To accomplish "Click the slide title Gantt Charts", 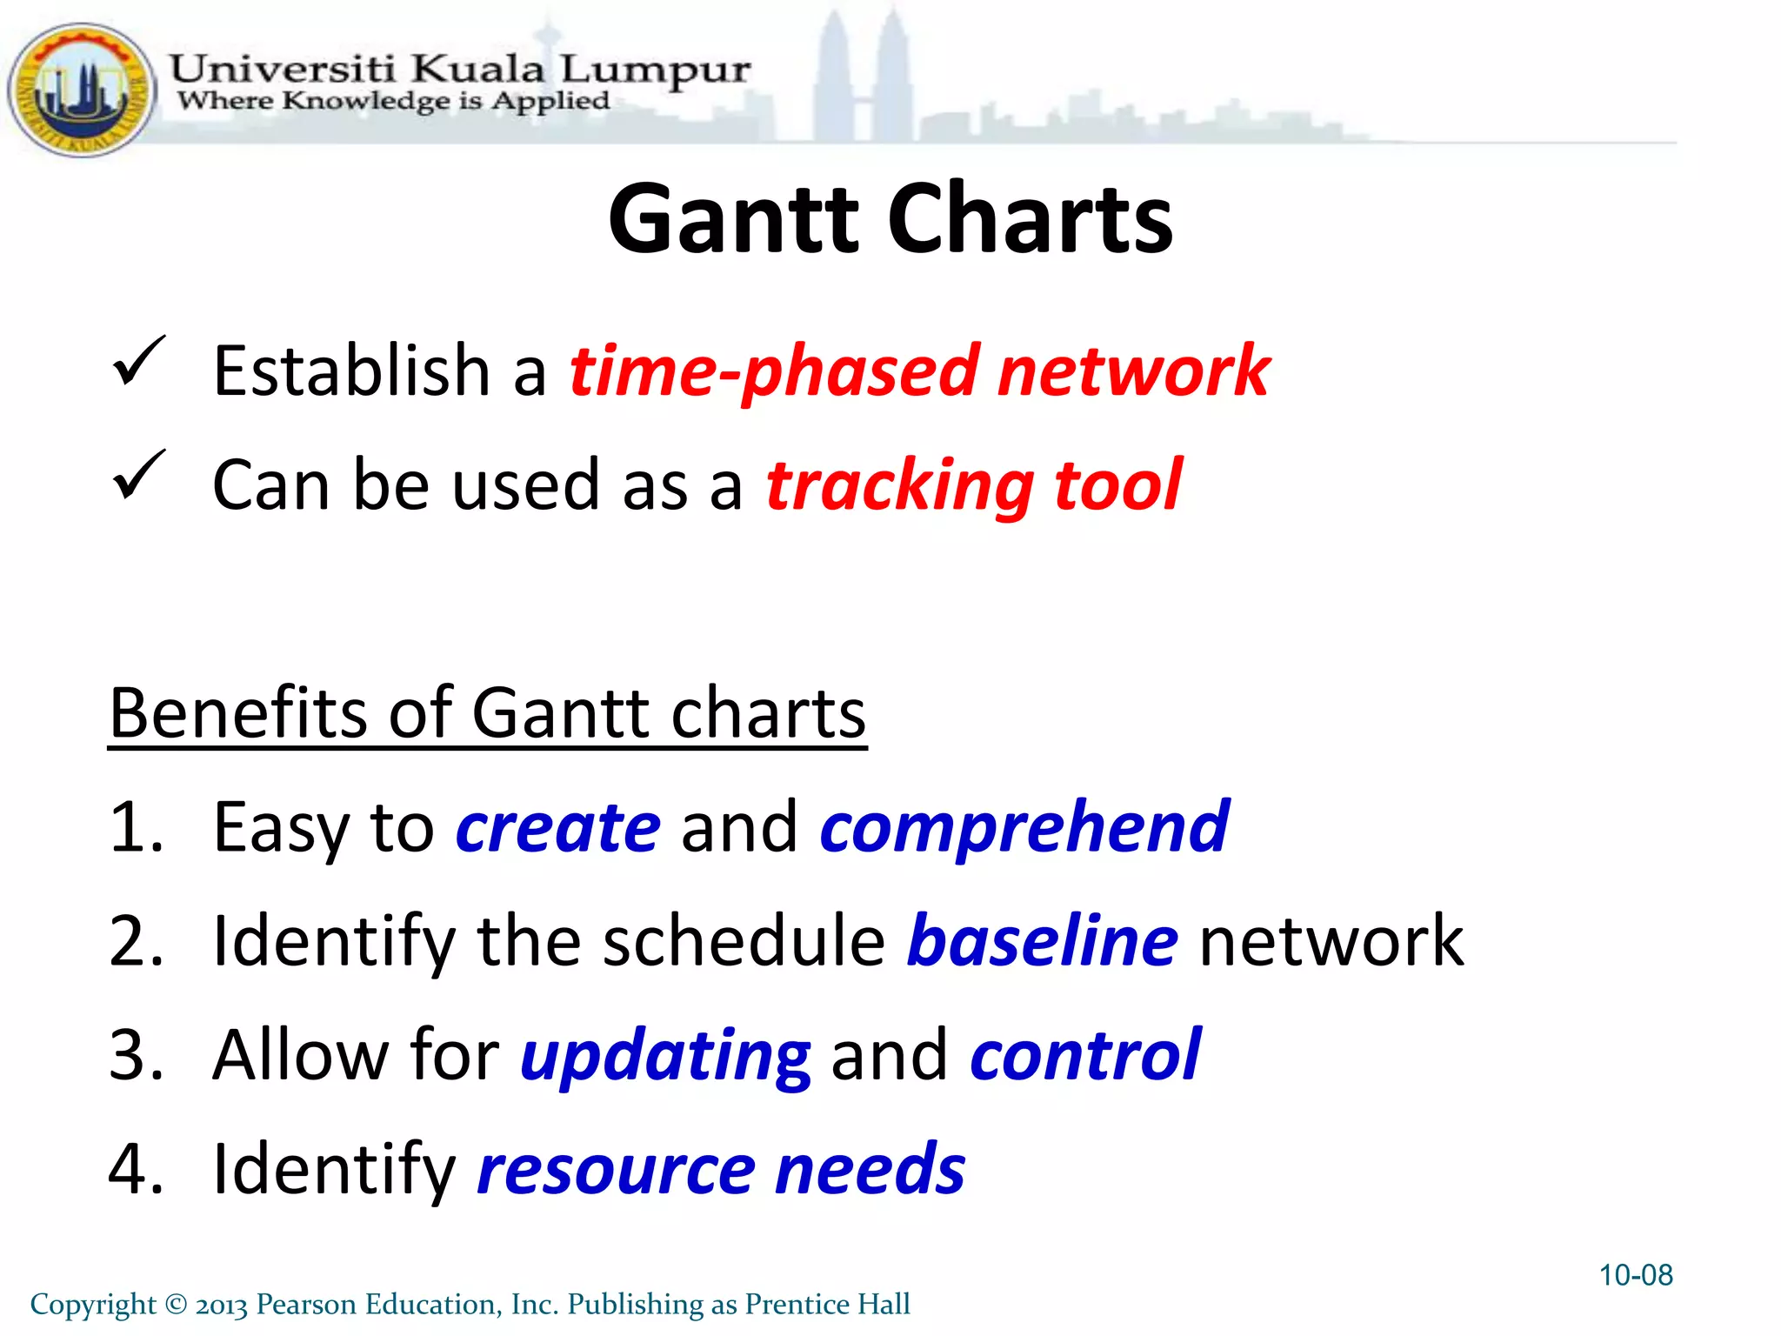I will pyautogui.click(x=890, y=218).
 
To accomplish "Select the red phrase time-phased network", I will pyautogui.click(x=919, y=371).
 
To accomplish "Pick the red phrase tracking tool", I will pyautogui.click(x=973, y=485).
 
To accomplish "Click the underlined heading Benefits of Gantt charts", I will pyautogui.click(x=487, y=713).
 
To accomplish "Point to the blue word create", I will pyautogui.click(x=557, y=827).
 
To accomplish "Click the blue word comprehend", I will pyautogui.click(x=1024, y=827).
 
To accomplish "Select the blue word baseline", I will pyautogui.click(x=1042, y=941).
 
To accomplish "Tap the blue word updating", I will pyautogui.click(x=665, y=1056).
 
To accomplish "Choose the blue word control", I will pyautogui.click(x=1084, y=1055).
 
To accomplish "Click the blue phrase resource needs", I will pyautogui.click(x=721, y=1169).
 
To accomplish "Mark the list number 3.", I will pyautogui.click(x=135, y=1056).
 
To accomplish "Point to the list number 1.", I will pyautogui.click(x=135, y=827).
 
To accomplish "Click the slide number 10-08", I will pyautogui.click(x=1635, y=1275).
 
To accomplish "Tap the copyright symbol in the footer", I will pyautogui.click(x=176, y=1305).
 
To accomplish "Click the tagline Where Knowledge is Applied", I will pyautogui.click(x=393, y=102).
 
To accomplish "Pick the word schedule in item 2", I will pyautogui.click(x=744, y=941).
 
